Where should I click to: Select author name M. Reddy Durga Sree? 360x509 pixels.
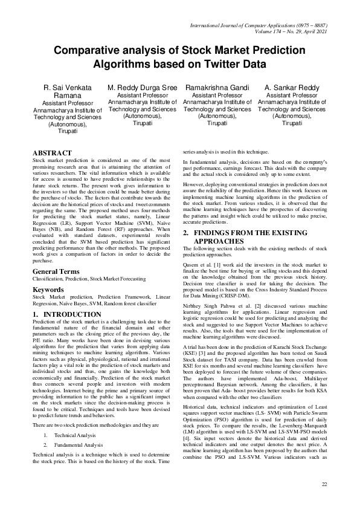tap(143, 88)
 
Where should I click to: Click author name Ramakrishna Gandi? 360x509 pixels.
tap(217, 88)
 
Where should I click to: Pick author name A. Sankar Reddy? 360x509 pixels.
tap(292, 88)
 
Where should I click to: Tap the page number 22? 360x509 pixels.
tap(324, 484)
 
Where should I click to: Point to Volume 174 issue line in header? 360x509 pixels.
tap(290, 30)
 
